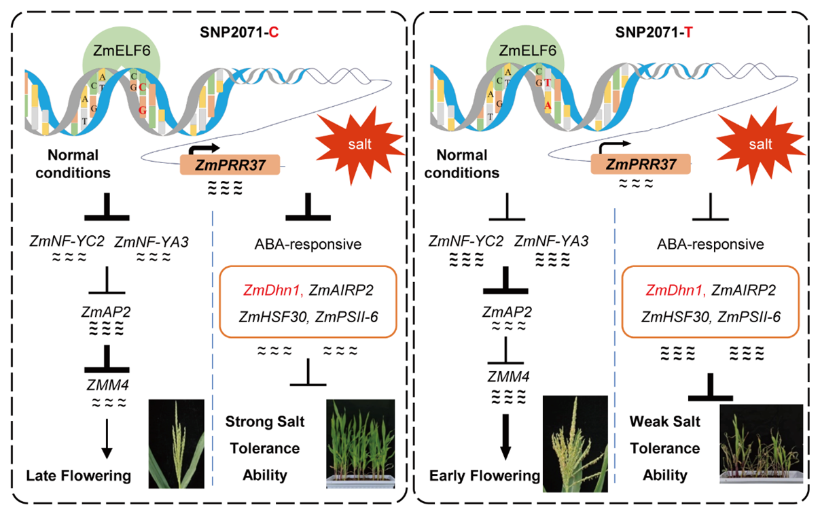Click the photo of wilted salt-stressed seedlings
click(760, 443)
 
